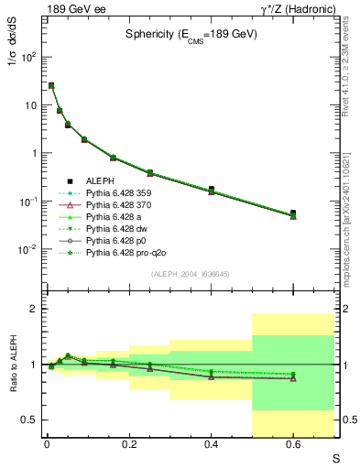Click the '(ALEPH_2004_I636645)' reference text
pyautogui.click(x=191, y=275)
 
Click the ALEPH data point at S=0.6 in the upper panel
pyautogui.click(x=293, y=213)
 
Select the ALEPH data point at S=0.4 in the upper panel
pyautogui.click(x=212, y=190)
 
